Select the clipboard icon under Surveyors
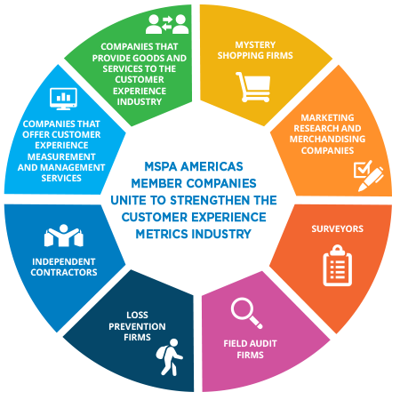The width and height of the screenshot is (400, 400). click(x=337, y=265)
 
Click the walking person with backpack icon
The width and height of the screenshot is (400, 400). click(x=170, y=357)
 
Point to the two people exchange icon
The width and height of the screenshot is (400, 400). click(x=167, y=24)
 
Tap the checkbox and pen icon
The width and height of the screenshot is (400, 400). click(x=368, y=176)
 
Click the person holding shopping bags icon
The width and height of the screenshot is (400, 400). click(x=64, y=236)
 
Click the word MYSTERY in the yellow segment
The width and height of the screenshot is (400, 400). click(x=255, y=44)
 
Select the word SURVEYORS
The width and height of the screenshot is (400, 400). click(x=337, y=228)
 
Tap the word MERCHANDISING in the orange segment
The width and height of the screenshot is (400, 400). click(x=327, y=139)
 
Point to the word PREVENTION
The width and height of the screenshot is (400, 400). click(x=137, y=326)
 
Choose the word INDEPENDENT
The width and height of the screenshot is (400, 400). click(x=64, y=261)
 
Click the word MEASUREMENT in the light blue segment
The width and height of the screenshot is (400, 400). click(x=61, y=156)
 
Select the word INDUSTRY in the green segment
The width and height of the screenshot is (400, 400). click(x=140, y=101)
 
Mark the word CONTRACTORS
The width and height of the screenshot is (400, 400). click(x=64, y=272)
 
